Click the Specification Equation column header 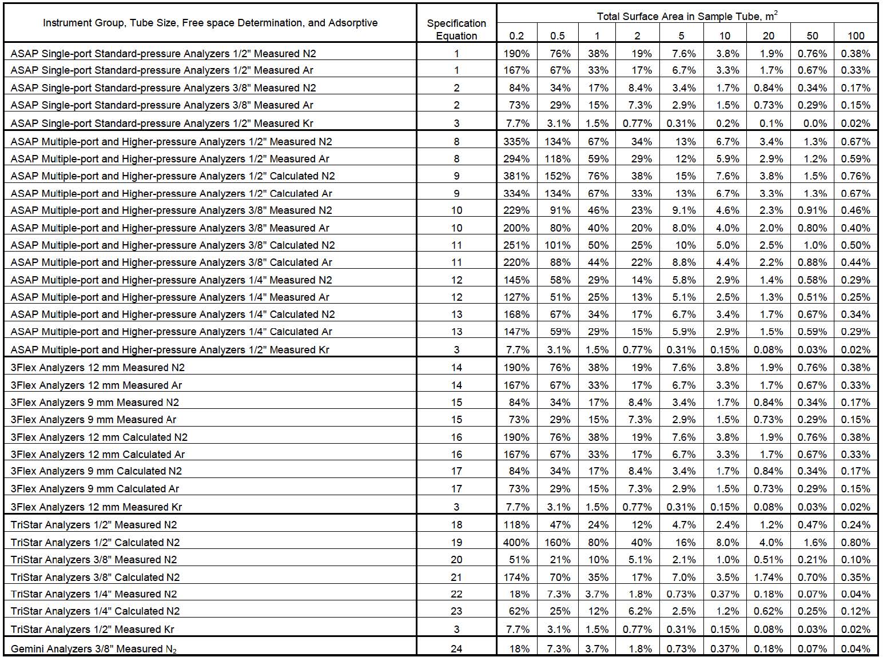point(456,29)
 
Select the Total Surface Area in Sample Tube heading point(687,16)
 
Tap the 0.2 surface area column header point(516,35)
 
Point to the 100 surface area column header point(856,35)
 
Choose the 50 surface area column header point(812,35)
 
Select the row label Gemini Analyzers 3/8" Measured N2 point(94,648)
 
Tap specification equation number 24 point(456,648)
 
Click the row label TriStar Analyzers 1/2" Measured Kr point(92,629)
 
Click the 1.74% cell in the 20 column point(768,577)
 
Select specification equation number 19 point(456,542)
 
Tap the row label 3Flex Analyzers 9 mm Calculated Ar point(95,488)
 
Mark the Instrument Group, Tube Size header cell point(210,23)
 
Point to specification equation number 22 point(456,594)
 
